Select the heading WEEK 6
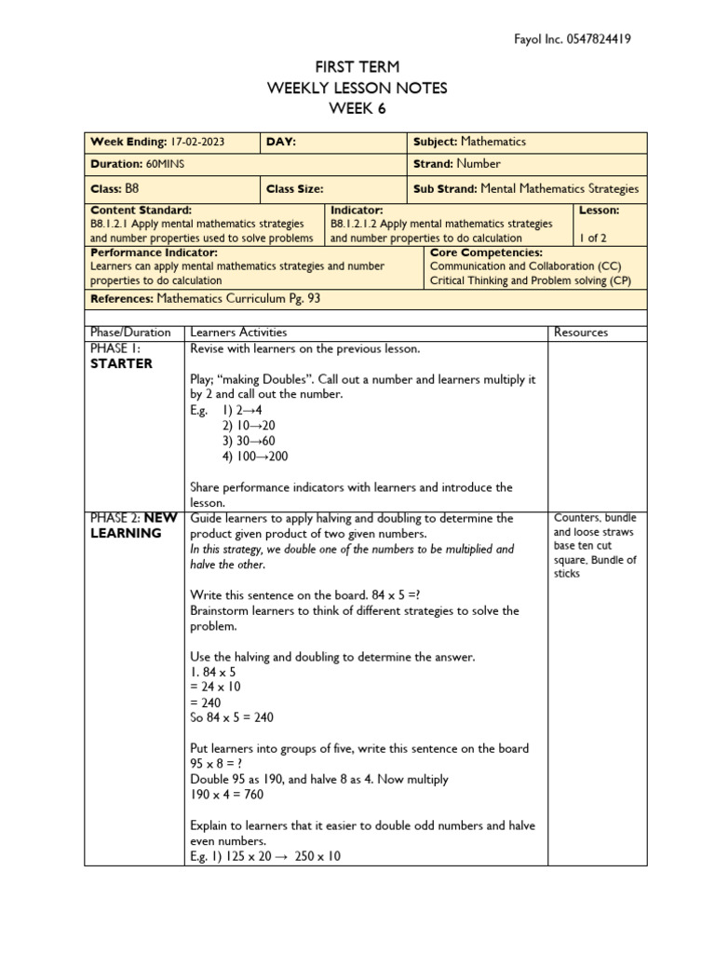(x=357, y=108)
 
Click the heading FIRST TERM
(x=357, y=68)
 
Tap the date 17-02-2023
(x=198, y=142)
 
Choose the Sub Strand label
(x=444, y=188)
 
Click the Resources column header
(x=580, y=332)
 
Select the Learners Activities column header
(x=238, y=332)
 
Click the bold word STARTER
(x=121, y=363)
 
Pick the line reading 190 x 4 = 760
(x=226, y=795)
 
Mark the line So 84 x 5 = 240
(x=232, y=717)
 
